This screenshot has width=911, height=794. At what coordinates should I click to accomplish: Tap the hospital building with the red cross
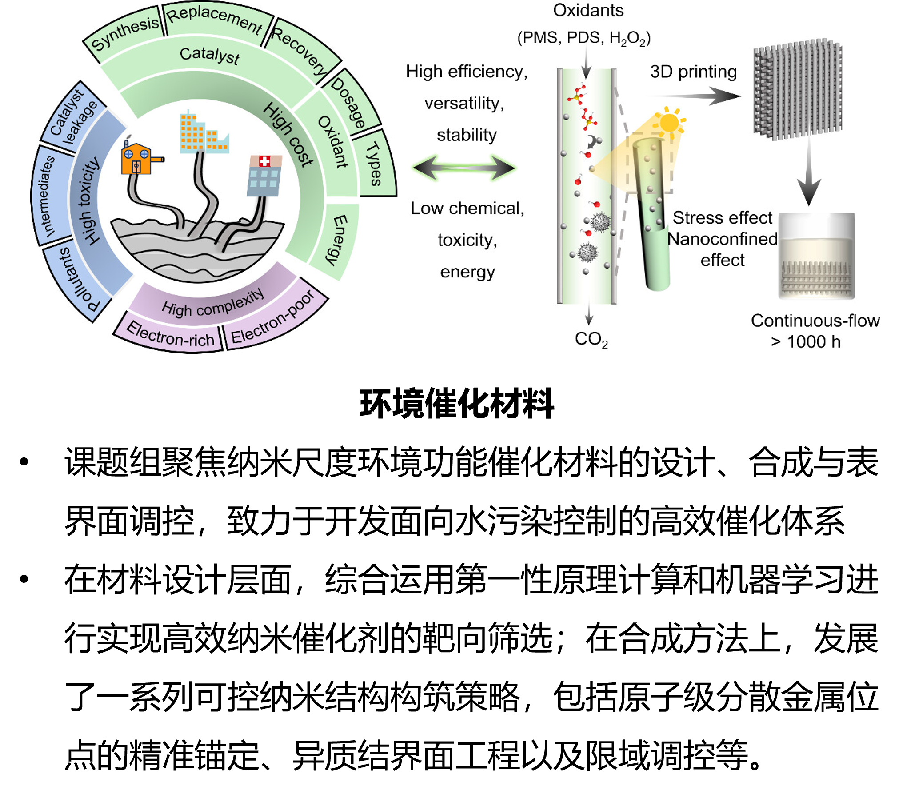click(x=264, y=175)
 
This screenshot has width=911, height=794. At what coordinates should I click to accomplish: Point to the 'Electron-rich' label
click(x=171, y=334)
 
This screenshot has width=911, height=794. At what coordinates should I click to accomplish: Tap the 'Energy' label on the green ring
click(x=336, y=240)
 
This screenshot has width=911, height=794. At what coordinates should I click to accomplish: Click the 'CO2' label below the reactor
click(x=591, y=339)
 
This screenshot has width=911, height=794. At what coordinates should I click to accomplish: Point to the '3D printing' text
click(x=693, y=72)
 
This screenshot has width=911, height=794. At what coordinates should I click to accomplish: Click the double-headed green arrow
click(x=464, y=168)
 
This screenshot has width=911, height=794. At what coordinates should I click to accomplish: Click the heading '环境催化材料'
click(x=457, y=403)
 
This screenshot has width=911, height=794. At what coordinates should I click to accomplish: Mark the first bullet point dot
click(x=24, y=461)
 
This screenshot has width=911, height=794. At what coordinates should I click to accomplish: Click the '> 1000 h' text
click(x=806, y=341)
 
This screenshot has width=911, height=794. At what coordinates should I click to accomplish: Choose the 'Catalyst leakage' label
click(x=73, y=116)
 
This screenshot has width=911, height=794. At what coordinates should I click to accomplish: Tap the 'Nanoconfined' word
click(x=723, y=239)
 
